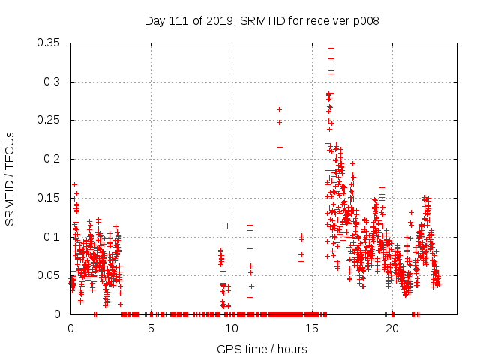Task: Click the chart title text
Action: click(x=261, y=21)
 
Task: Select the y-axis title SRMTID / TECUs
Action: click(x=10, y=178)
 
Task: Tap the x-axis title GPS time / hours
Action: click(x=262, y=349)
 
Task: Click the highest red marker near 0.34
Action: click(x=331, y=49)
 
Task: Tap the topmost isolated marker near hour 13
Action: click(x=279, y=109)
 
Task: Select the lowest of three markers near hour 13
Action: click(x=280, y=147)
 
